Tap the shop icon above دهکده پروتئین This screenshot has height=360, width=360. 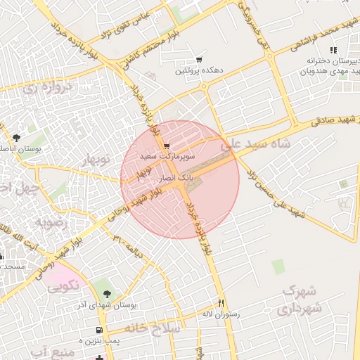coord(200,60)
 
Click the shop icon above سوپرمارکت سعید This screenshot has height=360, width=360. coord(166,145)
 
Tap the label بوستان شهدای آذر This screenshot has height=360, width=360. coord(106,305)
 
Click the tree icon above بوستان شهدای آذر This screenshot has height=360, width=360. coord(107,294)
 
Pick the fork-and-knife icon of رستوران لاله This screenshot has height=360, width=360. coord(221,303)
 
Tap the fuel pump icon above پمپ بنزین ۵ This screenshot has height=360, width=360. coord(99,330)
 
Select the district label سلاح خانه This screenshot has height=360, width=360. coord(153,328)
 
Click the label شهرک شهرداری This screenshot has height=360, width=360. coord(302,299)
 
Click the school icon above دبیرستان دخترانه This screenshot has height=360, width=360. coord(333,50)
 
